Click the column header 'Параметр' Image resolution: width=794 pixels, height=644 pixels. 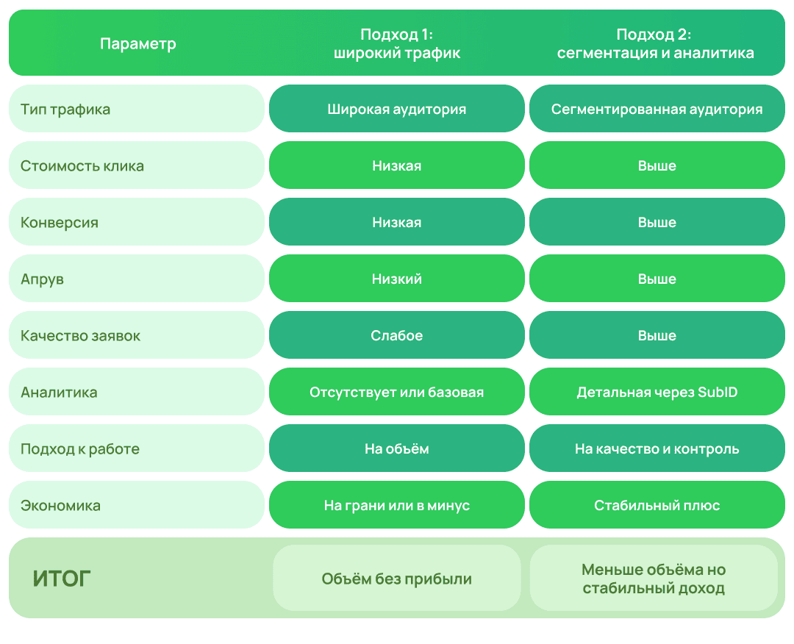click(x=137, y=43)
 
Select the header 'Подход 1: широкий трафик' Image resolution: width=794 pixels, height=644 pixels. click(x=396, y=43)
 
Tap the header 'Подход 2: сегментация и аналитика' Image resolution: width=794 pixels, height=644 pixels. click(x=655, y=43)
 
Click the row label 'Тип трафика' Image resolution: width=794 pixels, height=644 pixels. click(x=65, y=110)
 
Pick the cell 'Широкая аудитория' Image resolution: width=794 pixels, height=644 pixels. click(x=396, y=109)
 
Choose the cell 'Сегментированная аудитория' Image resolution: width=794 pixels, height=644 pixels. click(x=657, y=109)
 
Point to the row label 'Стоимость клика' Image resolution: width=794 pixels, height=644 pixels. click(x=82, y=166)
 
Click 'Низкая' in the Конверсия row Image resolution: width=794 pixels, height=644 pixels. click(x=396, y=222)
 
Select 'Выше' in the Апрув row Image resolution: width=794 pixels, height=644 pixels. click(x=657, y=279)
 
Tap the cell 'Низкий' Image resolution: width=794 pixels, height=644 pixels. click(x=396, y=279)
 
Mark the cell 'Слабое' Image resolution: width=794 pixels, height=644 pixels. click(x=396, y=336)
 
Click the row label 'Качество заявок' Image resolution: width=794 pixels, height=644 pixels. click(x=81, y=336)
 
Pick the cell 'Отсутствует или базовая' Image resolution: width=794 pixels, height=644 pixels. click(x=396, y=393)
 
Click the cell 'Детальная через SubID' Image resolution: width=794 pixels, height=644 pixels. click(x=657, y=393)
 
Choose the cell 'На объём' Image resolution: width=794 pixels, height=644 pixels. click(x=396, y=449)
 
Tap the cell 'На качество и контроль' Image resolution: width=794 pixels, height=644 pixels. click(x=657, y=449)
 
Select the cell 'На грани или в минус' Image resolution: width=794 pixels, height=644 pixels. click(x=396, y=506)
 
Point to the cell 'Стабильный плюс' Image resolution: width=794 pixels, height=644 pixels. click(x=657, y=506)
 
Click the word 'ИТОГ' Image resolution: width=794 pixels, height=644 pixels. click(x=62, y=579)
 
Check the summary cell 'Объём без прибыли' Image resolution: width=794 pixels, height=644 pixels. click(x=396, y=578)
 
